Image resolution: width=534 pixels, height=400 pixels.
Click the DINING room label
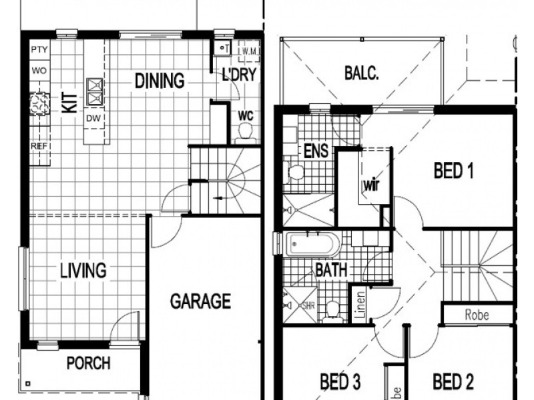160,81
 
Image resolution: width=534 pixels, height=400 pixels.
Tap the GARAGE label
200,301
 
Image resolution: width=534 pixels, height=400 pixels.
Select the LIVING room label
83,271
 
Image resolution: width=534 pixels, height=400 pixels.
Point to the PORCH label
88,364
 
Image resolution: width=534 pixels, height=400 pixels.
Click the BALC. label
362,73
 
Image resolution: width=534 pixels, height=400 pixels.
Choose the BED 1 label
453,171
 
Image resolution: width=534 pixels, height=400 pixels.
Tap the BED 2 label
453,382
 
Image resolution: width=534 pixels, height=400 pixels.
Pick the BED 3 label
340,382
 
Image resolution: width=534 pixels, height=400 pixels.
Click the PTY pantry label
38,50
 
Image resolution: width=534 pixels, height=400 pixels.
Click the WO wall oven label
38,70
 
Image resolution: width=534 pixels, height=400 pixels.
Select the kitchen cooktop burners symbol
38,103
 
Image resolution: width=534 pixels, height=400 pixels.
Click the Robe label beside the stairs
477,315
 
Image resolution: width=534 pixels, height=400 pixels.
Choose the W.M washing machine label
250,51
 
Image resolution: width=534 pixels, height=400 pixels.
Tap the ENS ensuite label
315,151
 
